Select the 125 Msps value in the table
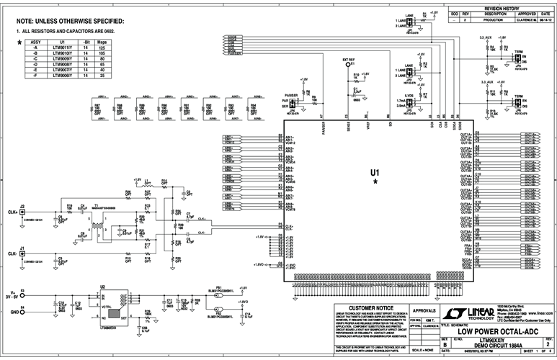point(102,48)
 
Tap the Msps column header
point(102,42)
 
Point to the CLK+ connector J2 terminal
point(23,212)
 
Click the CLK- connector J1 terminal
point(23,253)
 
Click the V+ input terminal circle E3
point(23,294)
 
